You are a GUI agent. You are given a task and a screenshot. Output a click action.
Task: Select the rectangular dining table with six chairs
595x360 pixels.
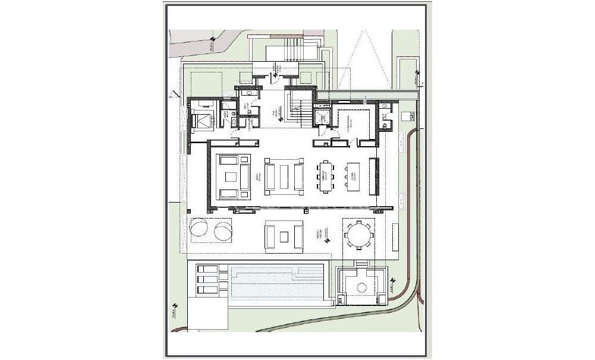[x=325, y=176]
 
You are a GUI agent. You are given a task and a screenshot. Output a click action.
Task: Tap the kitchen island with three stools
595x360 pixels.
[x=353, y=176]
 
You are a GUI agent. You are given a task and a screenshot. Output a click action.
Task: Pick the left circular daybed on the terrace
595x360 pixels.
[x=198, y=229]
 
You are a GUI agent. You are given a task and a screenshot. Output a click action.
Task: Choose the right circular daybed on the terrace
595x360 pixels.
[x=221, y=229]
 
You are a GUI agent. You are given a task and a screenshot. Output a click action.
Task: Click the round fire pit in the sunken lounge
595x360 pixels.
[x=361, y=288]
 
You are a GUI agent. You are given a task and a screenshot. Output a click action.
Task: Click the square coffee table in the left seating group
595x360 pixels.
[x=229, y=176]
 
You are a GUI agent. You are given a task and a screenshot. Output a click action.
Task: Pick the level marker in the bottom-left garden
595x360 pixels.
[x=174, y=308]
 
